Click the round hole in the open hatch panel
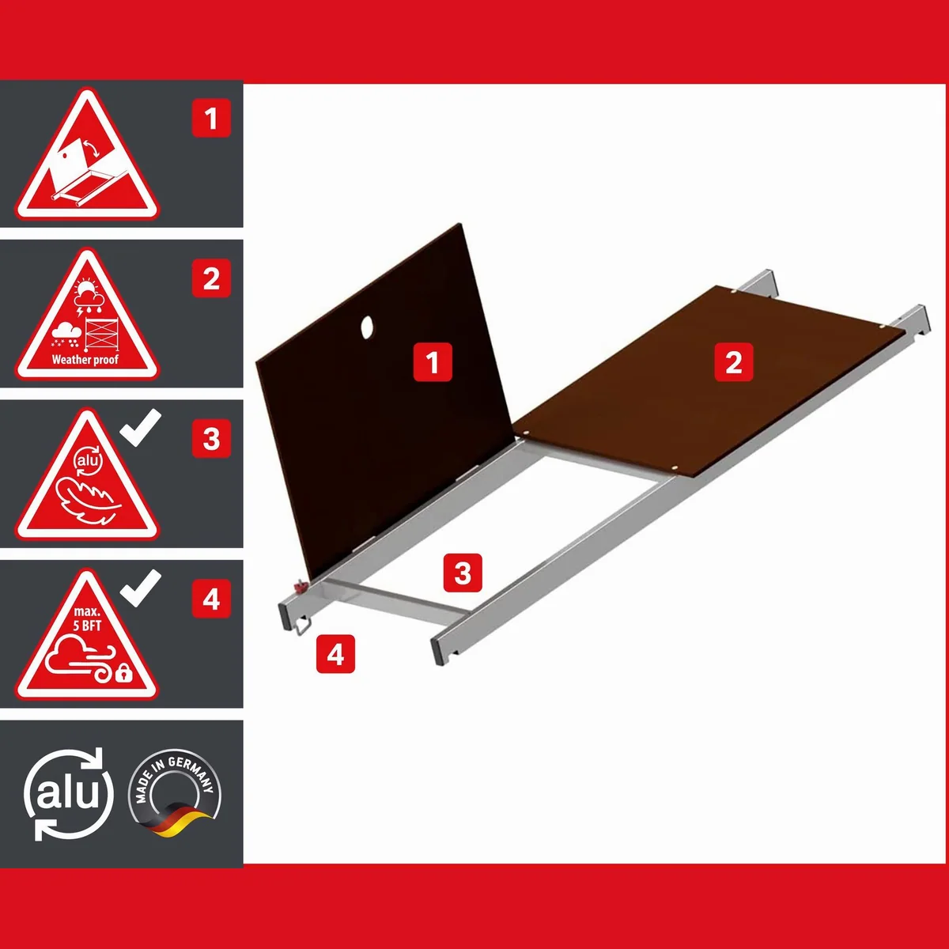point(367,327)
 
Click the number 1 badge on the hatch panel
point(433,362)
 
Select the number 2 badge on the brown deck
point(734,362)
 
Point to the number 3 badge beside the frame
point(463,573)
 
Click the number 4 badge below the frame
point(335,654)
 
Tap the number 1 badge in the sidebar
point(211,118)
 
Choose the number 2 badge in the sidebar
point(211,278)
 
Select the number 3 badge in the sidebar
point(211,438)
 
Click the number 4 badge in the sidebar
point(211,599)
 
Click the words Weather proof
point(85,360)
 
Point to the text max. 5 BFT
point(87,619)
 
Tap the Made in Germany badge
point(174,793)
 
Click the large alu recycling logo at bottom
point(69,794)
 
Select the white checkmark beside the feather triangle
point(141,427)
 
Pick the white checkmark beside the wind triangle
point(141,588)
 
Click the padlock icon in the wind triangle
point(123,673)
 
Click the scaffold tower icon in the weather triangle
point(101,335)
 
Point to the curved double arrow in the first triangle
point(92,149)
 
